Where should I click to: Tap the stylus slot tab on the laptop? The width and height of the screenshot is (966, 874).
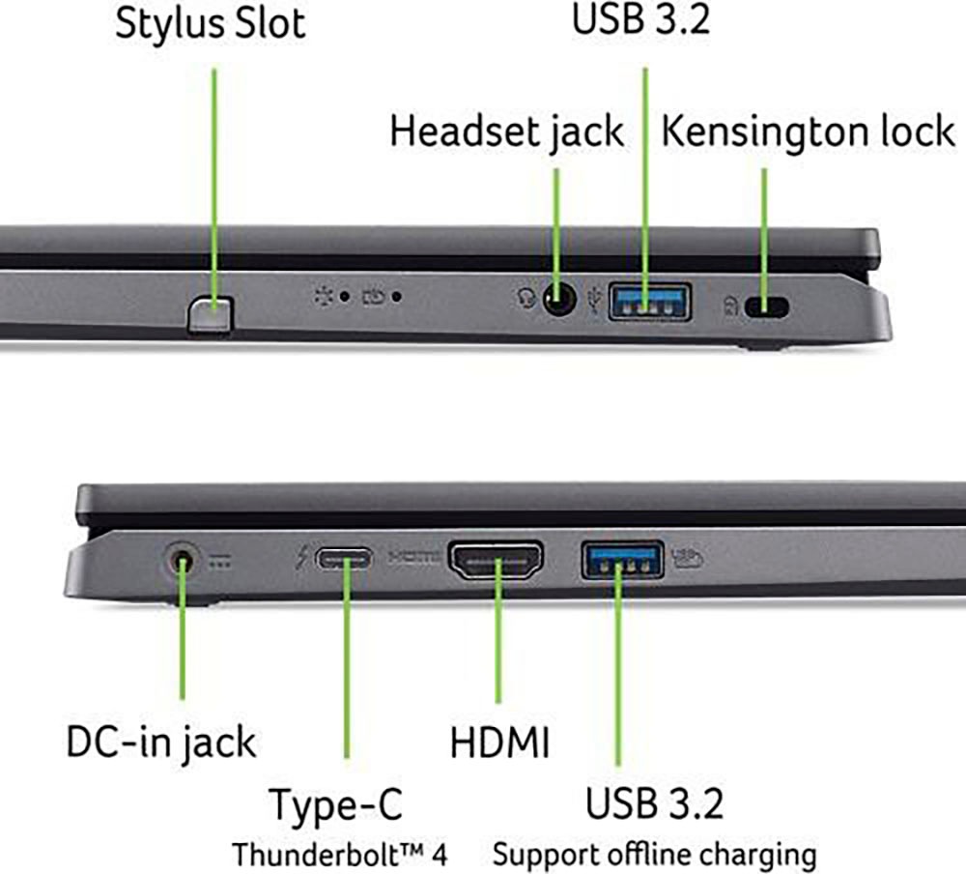click(x=210, y=314)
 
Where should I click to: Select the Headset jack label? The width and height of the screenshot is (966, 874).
click(x=506, y=132)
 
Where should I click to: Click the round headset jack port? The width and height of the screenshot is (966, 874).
click(x=559, y=299)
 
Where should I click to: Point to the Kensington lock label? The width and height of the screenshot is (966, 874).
click(x=808, y=132)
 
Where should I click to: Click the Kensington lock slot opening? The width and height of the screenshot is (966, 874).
click(x=766, y=306)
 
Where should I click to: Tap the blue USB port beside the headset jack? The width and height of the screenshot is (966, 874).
click(x=649, y=301)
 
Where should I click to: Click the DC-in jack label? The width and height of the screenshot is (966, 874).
click(x=160, y=743)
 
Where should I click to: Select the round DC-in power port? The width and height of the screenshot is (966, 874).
click(x=182, y=562)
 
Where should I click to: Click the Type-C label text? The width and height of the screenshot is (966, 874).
click(x=336, y=804)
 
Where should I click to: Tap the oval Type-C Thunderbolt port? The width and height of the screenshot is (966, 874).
click(x=345, y=560)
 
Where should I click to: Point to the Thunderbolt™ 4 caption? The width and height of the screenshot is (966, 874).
click(x=339, y=855)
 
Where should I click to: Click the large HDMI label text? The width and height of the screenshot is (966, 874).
click(x=499, y=742)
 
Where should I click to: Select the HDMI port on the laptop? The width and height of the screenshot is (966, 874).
click(x=496, y=560)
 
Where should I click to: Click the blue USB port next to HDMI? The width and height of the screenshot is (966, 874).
click(x=623, y=560)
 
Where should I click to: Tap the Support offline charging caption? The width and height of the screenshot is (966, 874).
click(x=655, y=856)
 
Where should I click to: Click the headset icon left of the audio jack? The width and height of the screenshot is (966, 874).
click(x=526, y=298)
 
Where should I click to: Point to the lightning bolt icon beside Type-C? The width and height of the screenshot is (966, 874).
click(x=301, y=559)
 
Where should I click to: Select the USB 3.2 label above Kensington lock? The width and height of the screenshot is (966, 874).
click(x=641, y=18)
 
